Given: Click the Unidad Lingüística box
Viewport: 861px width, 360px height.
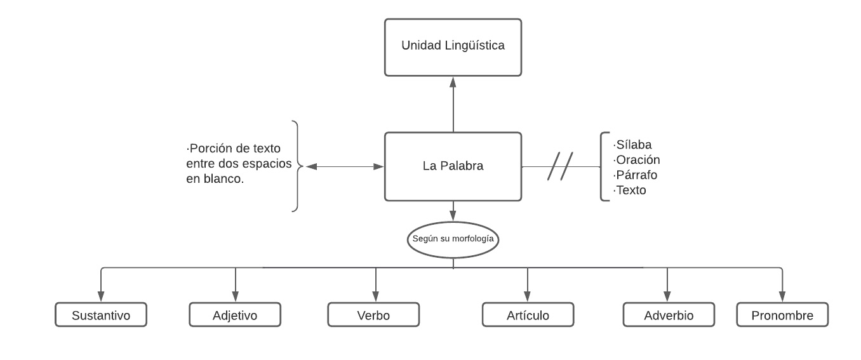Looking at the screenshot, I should (453, 46).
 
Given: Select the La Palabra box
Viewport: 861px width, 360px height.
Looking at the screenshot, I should (453, 166).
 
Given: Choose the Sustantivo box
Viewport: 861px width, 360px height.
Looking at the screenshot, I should (101, 315).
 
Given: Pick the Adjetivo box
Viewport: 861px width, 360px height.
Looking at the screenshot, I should (235, 315).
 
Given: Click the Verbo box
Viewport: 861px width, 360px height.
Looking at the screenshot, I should (373, 315).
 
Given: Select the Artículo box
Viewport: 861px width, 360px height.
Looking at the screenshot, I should (528, 315).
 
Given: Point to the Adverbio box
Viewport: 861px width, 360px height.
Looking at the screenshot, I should (669, 315).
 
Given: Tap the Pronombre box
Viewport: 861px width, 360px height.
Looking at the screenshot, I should (782, 315).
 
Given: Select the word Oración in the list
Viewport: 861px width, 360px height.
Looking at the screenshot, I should (637, 159).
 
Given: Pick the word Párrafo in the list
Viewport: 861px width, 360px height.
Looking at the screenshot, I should (636, 175).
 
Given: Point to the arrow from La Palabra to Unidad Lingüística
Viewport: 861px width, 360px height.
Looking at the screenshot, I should (453, 105).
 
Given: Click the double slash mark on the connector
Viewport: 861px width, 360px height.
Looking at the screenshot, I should (560, 166).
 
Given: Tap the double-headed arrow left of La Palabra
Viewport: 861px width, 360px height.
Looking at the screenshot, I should (345, 166).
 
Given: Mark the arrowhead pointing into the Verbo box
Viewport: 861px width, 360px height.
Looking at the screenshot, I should (375, 297).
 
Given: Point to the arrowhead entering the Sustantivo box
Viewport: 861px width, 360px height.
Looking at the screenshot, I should (101, 297).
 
